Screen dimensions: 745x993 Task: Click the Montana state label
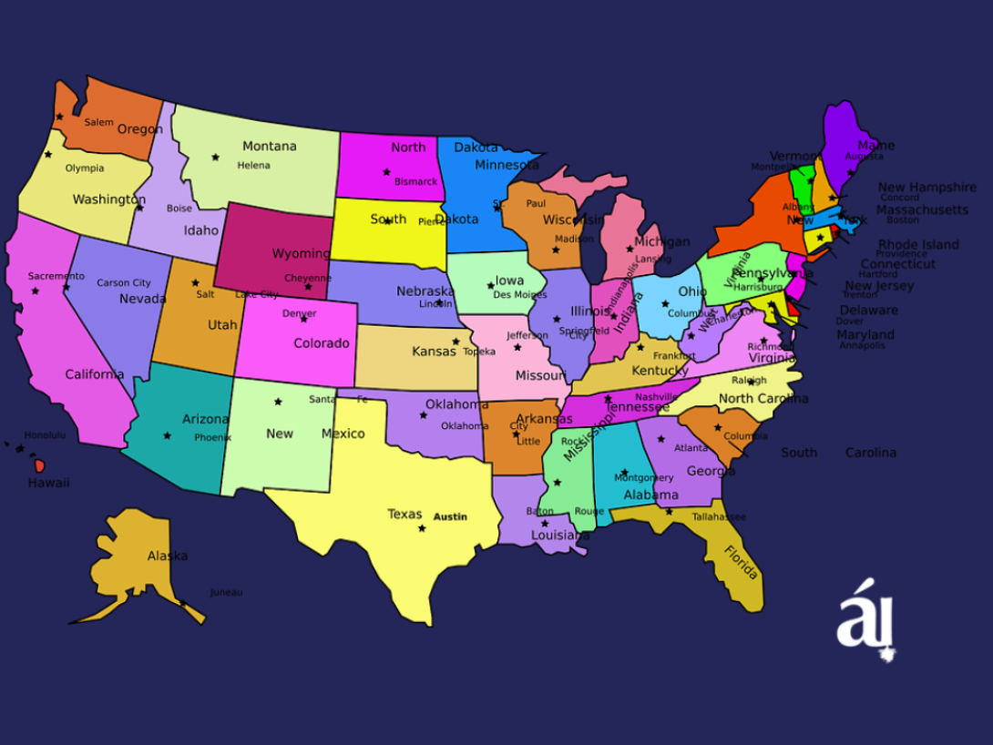(269, 147)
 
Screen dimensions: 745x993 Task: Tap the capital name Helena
(253, 166)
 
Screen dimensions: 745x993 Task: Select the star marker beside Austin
(422, 528)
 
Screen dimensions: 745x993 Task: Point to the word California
(94, 374)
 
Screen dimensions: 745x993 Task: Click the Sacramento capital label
(56, 276)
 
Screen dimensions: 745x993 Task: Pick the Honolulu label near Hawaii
(45, 435)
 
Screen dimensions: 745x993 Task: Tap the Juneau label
(226, 592)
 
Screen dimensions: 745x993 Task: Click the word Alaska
(168, 556)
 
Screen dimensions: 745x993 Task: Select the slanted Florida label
(741, 562)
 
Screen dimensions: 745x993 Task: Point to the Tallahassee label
(719, 516)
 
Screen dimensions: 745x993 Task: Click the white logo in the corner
(865, 619)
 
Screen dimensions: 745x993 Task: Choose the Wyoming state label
(301, 253)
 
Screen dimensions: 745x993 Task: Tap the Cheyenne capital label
(308, 278)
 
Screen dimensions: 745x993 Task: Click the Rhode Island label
(918, 244)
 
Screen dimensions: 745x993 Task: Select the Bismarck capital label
(415, 181)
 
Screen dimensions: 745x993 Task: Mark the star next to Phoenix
(167, 435)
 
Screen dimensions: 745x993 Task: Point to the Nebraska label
(425, 291)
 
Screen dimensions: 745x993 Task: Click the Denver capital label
(299, 313)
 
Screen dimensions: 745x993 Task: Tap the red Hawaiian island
(39, 465)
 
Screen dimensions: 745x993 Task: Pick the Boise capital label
(179, 208)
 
